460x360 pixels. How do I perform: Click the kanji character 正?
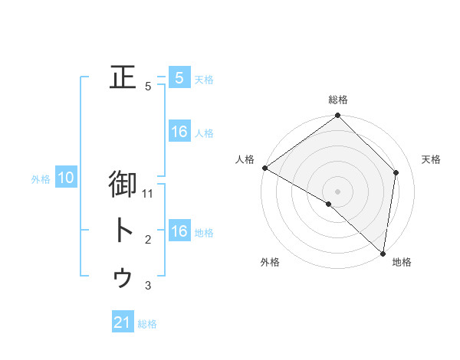click(123, 77)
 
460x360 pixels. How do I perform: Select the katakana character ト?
click(123, 231)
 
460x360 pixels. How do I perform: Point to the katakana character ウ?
click(123, 277)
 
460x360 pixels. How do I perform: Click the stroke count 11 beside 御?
click(149, 194)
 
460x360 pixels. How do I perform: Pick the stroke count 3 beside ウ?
click(149, 286)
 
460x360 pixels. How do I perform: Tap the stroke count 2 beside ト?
click(149, 240)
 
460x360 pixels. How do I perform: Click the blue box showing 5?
click(179, 77)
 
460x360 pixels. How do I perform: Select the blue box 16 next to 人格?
click(179, 132)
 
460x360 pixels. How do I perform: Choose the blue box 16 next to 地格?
click(179, 231)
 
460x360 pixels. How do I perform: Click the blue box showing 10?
click(66, 178)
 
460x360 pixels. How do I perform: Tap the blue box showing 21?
click(123, 322)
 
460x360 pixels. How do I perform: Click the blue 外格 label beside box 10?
click(41, 179)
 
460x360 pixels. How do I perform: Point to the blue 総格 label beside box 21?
click(147, 324)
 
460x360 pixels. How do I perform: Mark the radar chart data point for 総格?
click(337, 116)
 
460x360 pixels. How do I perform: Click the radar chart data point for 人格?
click(264, 168)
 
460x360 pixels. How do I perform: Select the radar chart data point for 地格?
click(383, 254)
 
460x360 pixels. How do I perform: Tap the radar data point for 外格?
click(328, 205)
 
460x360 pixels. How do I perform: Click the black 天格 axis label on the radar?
click(431, 159)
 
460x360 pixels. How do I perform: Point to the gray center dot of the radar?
click(337, 191)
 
